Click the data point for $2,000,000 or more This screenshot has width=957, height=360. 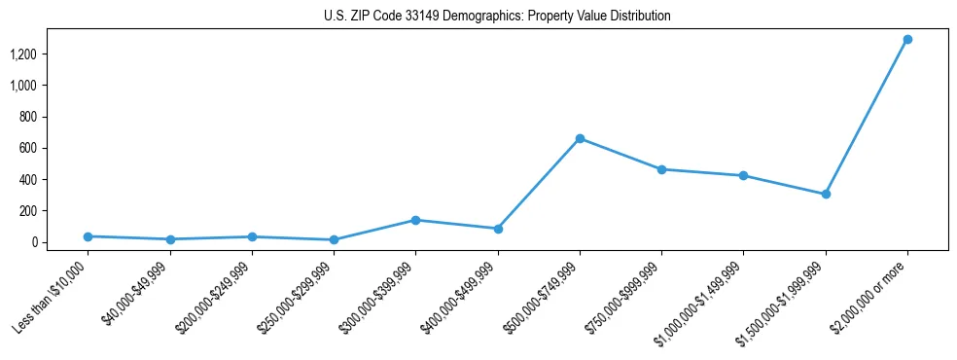click(x=907, y=39)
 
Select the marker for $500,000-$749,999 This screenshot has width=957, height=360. click(x=580, y=138)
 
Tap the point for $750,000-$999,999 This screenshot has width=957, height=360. click(x=661, y=169)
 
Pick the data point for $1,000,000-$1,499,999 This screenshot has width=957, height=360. click(x=743, y=176)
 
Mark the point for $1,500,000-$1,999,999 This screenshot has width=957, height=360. click(x=826, y=194)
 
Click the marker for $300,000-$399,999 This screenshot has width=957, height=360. click(x=415, y=220)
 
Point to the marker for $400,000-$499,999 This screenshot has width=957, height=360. click(x=498, y=229)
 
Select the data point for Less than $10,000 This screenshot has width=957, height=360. click(x=89, y=236)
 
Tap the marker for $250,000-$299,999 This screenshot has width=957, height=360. click(x=334, y=239)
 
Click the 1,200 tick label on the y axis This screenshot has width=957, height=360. click(x=22, y=54)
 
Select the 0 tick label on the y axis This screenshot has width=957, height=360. click(x=33, y=242)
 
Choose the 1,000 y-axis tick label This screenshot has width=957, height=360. click(x=22, y=86)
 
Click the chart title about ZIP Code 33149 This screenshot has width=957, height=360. click(x=497, y=17)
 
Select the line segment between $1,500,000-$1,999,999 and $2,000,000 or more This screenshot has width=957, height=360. click(x=867, y=117)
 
